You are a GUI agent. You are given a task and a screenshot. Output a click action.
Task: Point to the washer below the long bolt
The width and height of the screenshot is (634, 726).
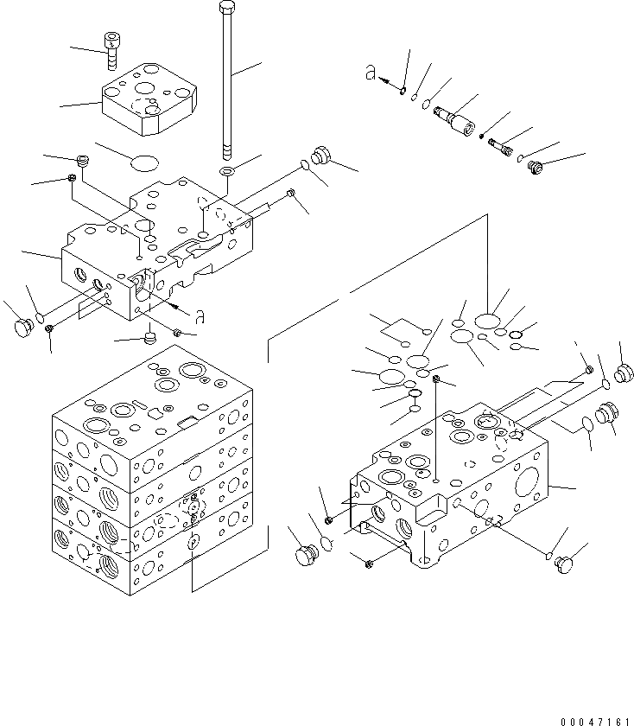click(226, 171)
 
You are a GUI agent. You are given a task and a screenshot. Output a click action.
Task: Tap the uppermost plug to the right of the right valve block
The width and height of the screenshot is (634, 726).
click(624, 372)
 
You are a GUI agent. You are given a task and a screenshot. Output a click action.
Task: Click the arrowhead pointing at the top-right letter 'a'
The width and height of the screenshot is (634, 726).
click(403, 87)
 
